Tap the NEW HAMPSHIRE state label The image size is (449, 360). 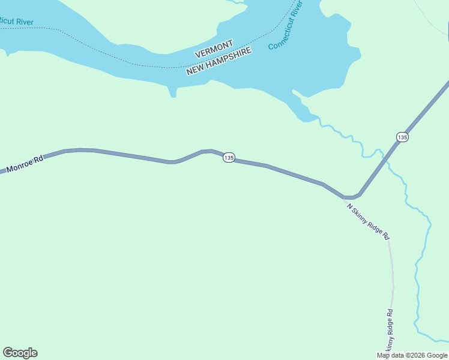[x=219, y=61]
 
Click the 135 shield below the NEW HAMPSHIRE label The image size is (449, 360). [x=228, y=157]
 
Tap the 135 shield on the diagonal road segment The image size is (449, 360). [x=402, y=137]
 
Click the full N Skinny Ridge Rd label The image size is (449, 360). [x=369, y=221]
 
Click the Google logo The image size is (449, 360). [x=20, y=353]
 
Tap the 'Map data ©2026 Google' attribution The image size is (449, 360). [x=412, y=355]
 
